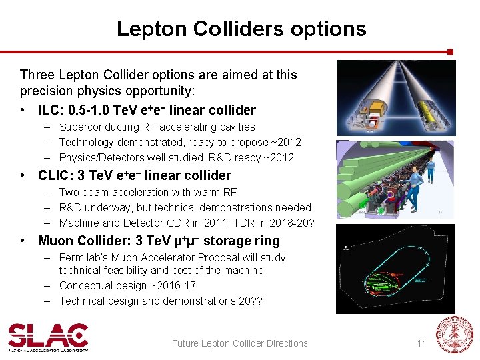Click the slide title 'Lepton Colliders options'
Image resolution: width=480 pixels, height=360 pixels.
(x=241, y=29)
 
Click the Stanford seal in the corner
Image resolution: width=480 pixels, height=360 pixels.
(x=454, y=335)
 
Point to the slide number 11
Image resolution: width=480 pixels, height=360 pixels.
(x=421, y=343)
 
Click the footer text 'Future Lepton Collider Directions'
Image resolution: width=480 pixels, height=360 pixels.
(x=240, y=343)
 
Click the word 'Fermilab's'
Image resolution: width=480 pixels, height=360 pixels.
(x=83, y=257)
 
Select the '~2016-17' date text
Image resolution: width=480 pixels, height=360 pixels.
(x=175, y=285)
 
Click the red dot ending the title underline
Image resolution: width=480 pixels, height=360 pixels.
(x=450, y=51)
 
